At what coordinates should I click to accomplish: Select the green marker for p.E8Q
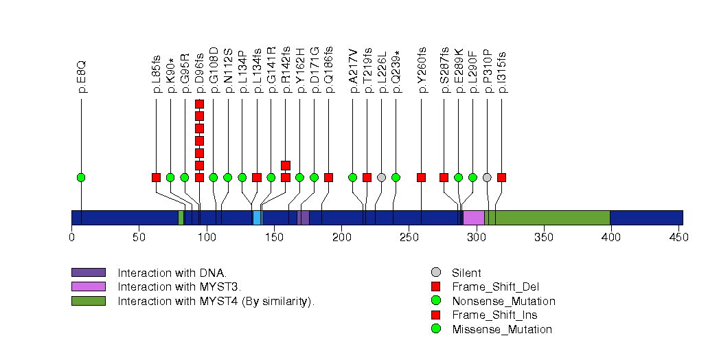[81, 177]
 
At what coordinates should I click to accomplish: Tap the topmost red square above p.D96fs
[199, 104]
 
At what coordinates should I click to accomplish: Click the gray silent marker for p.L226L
[381, 177]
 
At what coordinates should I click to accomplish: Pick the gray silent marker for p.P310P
[487, 177]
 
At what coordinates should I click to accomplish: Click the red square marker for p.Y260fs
[421, 177]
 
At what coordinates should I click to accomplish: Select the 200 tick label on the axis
[341, 238]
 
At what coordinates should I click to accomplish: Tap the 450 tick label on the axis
[678, 238]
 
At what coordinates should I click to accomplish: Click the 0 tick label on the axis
[71, 238]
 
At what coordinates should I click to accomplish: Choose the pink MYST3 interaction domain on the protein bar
[473, 218]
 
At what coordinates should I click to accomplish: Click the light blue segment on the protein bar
[257, 218]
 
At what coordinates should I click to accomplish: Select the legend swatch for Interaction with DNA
[88, 273]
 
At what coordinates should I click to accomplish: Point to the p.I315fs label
[502, 71]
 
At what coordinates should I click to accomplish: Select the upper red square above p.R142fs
[286, 165]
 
